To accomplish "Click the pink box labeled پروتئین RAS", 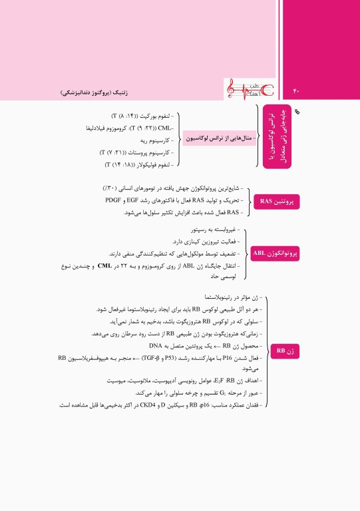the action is (272, 200).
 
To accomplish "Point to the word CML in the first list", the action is (165, 127).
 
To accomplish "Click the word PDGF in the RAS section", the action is (114, 200).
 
